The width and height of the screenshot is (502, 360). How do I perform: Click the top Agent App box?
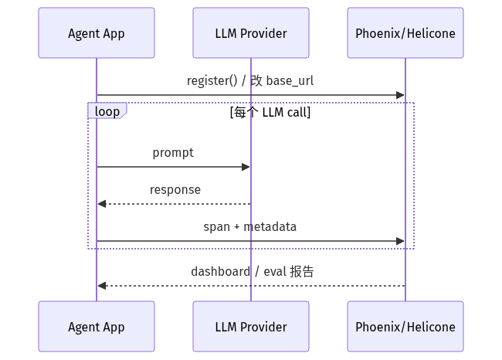tap(97, 33)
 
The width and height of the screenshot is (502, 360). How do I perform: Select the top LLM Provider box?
tap(251, 33)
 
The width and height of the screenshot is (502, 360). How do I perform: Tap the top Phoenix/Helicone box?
tap(405, 33)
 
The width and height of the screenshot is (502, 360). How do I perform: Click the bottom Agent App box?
tap(97, 326)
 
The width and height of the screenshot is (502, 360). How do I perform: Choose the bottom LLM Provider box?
tap(251, 326)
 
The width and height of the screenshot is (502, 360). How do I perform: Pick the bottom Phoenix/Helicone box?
tap(405, 326)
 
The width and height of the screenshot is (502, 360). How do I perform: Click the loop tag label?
tap(107, 111)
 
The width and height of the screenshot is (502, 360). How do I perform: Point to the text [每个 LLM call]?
tap(270, 113)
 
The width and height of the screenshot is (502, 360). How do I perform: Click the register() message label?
tap(250, 80)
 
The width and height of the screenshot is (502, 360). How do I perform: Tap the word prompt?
tap(173, 153)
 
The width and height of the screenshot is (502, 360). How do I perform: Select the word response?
tap(175, 189)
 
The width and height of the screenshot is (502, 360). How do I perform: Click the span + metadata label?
tap(249, 227)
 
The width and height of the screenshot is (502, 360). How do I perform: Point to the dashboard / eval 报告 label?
tap(253, 272)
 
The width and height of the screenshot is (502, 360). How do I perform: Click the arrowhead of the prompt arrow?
tap(246, 167)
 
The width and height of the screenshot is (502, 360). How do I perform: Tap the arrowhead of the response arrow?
tap(102, 204)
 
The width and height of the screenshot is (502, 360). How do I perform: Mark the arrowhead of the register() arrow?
tap(400, 95)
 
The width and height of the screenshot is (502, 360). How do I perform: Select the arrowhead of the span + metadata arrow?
tap(400, 241)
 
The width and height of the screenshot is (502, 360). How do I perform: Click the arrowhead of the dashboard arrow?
tap(102, 286)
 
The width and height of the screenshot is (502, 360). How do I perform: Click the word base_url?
tap(290, 81)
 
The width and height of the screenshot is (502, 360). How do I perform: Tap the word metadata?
tap(270, 227)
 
